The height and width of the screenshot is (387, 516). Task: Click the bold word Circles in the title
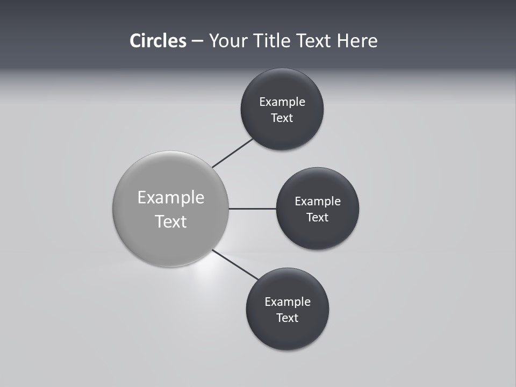[x=158, y=41]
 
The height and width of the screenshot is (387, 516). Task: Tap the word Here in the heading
[x=357, y=41]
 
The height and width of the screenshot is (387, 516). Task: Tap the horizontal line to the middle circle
[x=253, y=209]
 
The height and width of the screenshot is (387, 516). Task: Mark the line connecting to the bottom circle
[x=235, y=265]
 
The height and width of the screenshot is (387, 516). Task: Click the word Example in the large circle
[x=171, y=198]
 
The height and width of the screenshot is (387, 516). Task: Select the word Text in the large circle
[x=171, y=221]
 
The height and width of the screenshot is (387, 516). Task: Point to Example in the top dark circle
[x=282, y=102]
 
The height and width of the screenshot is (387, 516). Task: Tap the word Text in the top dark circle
[x=282, y=118]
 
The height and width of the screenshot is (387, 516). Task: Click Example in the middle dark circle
[x=318, y=202]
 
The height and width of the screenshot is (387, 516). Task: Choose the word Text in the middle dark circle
[x=318, y=218]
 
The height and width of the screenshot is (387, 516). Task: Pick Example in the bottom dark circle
[x=288, y=302]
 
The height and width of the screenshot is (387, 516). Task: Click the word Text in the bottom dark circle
[x=288, y=318]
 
